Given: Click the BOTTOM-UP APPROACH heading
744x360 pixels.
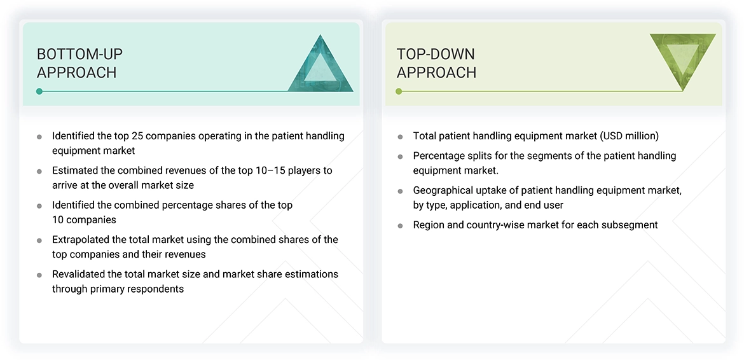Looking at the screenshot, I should tap(79, 63).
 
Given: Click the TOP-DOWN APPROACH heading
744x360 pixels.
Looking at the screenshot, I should tap(436, 63).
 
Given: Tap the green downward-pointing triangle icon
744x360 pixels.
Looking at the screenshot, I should tap(683, 59).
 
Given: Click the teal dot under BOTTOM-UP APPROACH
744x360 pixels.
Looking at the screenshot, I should tap(39, 92).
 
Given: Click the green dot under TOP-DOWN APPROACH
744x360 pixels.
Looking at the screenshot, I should tap(399, 92).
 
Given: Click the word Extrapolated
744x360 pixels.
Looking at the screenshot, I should tap(81, 240).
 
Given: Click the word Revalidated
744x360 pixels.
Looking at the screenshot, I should tap(79, 274).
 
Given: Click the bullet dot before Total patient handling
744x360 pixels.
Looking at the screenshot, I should tap(400, 137).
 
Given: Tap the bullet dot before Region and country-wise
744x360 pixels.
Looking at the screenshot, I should tap(400, 225).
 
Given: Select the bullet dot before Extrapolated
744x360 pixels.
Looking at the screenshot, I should tap(39, 240).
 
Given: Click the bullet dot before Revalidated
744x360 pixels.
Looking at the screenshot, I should tap(39, 275).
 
